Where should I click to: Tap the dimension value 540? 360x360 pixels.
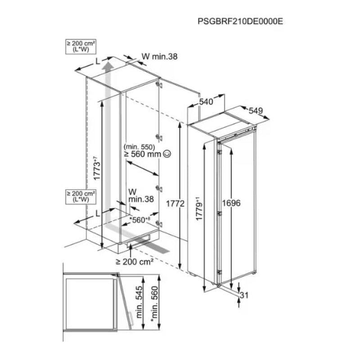(x=206, y=102)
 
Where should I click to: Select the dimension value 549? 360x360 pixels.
(x=255, y=111)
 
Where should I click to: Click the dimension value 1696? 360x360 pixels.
(x=233, y=203)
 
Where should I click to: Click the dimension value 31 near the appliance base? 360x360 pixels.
(x=245, y=295)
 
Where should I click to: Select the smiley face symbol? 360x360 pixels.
(x=167, y=154)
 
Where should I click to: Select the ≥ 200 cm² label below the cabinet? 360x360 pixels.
(x=135, y=261)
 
